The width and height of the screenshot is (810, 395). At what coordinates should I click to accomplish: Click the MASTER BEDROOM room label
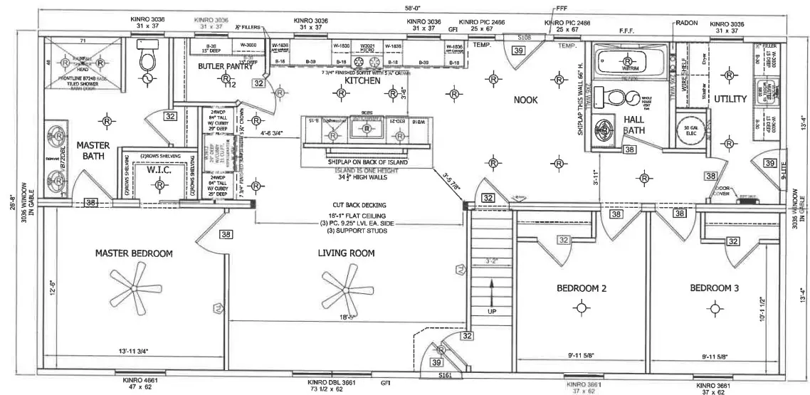pyautogui.click(x=135, y=253)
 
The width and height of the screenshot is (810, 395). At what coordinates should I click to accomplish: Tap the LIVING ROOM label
pyautogui.click(x=346, y=253)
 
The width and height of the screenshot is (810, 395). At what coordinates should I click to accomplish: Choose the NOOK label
pyautogui.click(x=525, y=100)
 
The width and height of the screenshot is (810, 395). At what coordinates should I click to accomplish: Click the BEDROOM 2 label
pyautogui.click(x=582, y=288)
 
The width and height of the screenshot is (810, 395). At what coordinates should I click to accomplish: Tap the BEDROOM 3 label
pyautogui.click(x=714, y=288)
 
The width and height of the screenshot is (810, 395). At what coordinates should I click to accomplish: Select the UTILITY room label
pyautogui.click(x=730, y=100)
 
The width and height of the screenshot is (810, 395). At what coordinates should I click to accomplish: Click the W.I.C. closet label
pyautogui.click(x=157, y=170)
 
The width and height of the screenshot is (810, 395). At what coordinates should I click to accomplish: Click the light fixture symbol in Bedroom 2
pyautogui.click(x=582, y=307)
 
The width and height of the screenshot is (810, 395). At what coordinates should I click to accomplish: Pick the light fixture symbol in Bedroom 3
pyautogui.click(x=714, y=307)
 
